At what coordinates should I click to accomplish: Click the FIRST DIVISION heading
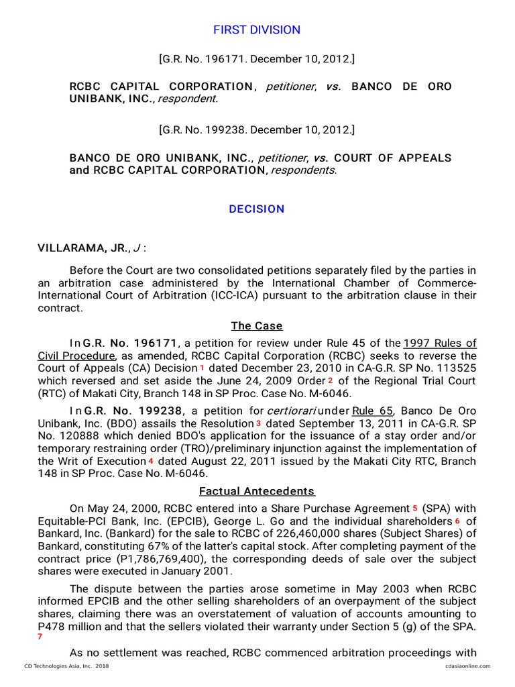pos(257,30)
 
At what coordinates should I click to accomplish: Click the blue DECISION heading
pos(257,209)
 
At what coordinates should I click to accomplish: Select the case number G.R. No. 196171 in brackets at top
pos(257,60)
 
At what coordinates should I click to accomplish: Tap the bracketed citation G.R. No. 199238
pos(257,129)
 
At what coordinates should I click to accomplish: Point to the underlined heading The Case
pos(257,326)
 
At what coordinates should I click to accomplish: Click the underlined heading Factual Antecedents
pos(257,491)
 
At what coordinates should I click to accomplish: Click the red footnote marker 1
pos(202,368)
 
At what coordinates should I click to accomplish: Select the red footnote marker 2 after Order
pos(330,381)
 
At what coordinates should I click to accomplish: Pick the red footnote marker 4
pos(151,462)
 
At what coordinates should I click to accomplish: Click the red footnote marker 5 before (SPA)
pos(414,509)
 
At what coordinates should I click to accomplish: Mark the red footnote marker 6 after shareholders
pos(457,521)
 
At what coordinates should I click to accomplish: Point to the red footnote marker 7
pos(40,637)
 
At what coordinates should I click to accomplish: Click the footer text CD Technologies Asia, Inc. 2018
pos(66,666)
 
